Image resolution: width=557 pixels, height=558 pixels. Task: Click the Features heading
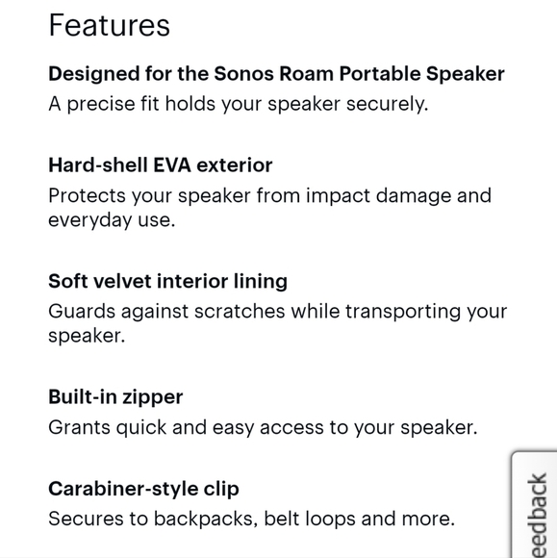tap(109, 25)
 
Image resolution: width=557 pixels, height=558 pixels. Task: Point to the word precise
tap(105, 104)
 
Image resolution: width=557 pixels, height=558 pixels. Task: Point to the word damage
tap(417, 196)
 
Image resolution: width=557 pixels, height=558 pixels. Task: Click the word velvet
tap(123, 281)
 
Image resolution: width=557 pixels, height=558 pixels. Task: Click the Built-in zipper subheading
tap(115, 396)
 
